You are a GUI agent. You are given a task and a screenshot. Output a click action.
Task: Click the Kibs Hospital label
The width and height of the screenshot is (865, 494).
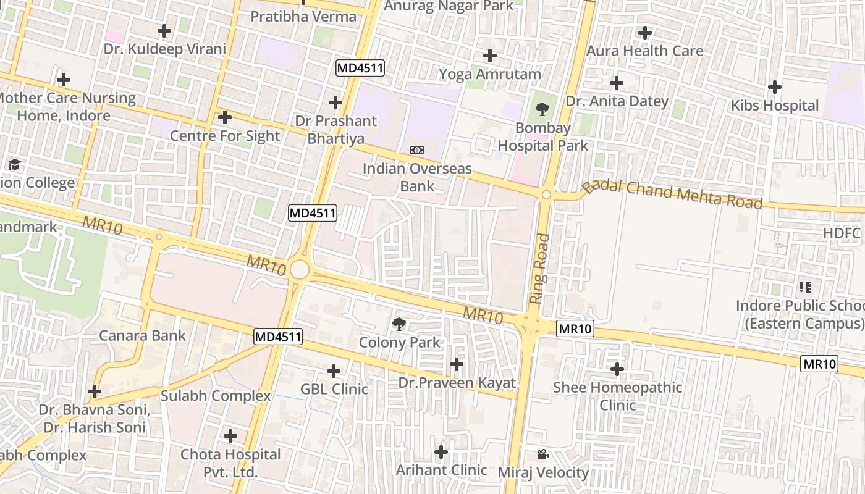[774, 106]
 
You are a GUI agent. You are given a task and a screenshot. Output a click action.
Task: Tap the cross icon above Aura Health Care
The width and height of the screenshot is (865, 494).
[645, 32]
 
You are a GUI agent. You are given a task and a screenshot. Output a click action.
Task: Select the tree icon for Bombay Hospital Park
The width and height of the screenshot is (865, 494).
[542, 109]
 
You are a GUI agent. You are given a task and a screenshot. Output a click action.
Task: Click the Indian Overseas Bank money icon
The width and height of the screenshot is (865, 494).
[417, 150]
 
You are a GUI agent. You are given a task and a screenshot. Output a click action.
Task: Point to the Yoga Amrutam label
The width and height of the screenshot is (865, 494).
[489, 74]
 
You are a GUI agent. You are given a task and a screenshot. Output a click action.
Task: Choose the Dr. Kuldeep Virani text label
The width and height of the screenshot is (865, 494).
[164, 49]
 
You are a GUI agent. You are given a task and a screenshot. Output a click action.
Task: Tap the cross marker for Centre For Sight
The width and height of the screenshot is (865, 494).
[225, 117]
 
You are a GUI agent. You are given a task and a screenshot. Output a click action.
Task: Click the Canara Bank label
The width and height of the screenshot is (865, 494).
[143, 335]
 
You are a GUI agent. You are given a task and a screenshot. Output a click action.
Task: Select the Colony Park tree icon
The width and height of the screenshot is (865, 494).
[399, 323]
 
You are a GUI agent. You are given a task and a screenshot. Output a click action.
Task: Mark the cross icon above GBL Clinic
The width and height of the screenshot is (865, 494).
[334, 371]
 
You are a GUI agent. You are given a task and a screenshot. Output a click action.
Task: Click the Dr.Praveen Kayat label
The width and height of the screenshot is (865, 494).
[457, 383]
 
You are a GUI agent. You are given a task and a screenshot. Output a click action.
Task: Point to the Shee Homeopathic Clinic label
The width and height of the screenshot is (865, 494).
[617, 396]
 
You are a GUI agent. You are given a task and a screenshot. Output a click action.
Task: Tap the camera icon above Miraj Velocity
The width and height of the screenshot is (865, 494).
[542, 454]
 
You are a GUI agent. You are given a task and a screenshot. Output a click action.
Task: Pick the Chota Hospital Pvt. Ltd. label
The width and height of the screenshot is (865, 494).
[230, 463]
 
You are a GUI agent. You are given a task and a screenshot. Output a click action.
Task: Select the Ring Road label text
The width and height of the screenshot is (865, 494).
[539, 268]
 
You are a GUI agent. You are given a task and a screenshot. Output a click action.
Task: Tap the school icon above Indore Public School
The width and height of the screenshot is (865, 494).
[804, 287]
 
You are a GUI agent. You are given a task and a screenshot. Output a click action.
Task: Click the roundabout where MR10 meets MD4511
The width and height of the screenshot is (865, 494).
[299, 269]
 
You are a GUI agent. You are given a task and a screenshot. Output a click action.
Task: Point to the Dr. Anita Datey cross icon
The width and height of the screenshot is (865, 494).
[616, 83]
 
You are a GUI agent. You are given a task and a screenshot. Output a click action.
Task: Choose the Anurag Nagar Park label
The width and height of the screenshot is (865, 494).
[449, 6]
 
